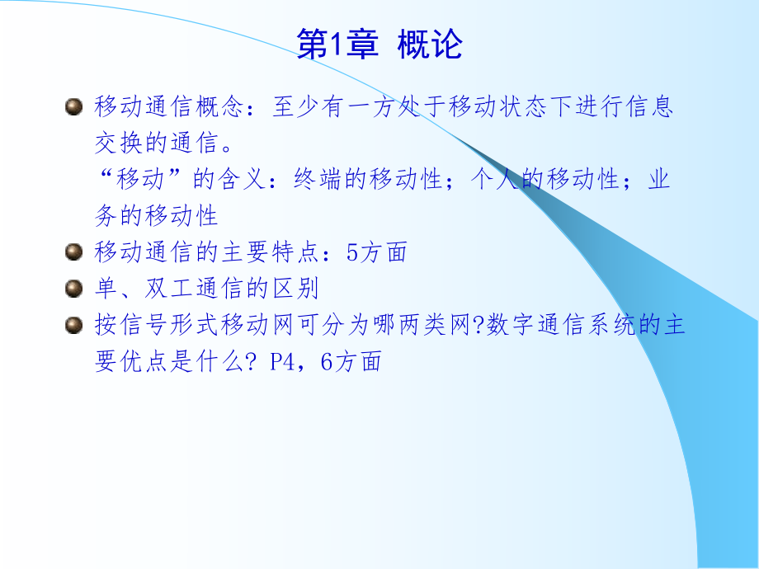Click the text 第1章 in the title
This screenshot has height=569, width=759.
337,46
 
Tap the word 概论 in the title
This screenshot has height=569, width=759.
429,46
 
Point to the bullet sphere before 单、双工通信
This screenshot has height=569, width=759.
74,289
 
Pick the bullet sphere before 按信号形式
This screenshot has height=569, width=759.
74,325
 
